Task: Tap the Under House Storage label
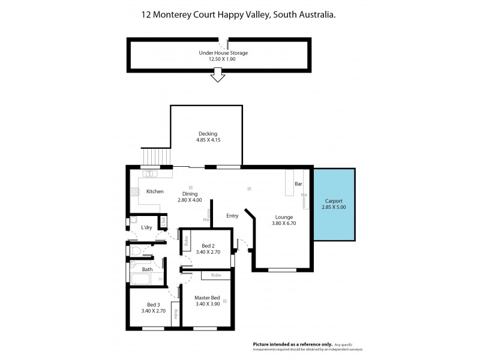coord(223,53)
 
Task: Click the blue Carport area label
coord(334,201)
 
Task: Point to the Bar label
coord(298,184)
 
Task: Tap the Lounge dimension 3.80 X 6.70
coord(284,223)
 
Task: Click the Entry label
coord(232,215)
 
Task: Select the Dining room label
coord(190,193)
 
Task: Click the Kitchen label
coord(155,191)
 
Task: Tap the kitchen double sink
coord(150,174)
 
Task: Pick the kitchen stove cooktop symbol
coord(133,193)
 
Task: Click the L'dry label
coord(146,228)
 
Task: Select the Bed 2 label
coord(208,246)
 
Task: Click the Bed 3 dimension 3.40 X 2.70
coord(153,311)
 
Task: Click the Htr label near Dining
coord(206,220)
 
